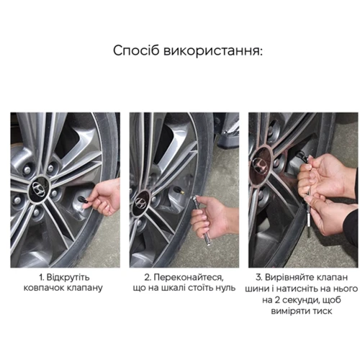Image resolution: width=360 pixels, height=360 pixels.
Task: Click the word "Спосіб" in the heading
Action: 136,51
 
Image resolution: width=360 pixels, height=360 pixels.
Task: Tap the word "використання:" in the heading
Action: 213,51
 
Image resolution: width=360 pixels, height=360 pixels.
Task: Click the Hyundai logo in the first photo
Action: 39,190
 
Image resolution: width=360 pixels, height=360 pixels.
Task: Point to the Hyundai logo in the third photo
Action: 260,166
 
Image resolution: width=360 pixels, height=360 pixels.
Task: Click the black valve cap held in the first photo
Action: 83,199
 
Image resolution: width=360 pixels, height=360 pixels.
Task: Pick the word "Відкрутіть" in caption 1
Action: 68,277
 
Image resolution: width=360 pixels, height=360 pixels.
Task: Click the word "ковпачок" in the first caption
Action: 44,288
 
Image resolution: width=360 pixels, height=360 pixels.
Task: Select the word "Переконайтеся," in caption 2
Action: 189,278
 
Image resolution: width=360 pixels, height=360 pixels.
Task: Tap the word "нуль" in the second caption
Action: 226,288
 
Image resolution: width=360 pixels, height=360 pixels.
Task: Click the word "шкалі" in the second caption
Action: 174,288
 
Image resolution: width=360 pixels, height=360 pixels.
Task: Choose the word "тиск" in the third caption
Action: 323,311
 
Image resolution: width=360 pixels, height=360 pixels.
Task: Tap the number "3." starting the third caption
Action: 259,277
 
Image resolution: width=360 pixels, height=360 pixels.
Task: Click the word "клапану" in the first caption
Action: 84,288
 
